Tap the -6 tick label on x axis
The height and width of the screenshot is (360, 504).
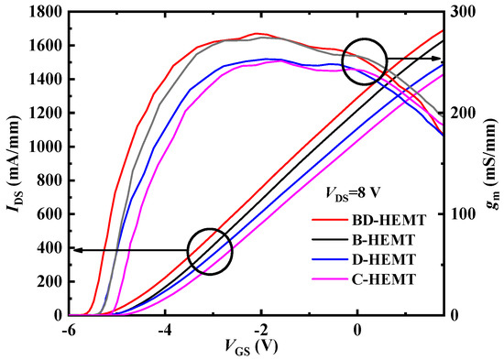67,328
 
